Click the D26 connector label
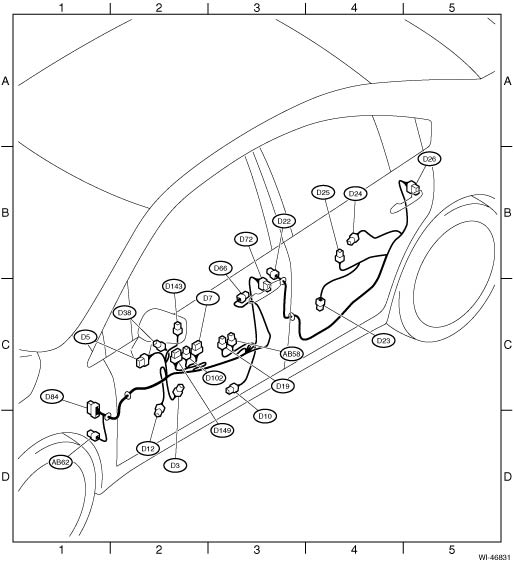tap(429, 159)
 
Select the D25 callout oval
tap(323, 192)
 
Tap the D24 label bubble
tap(355, 194)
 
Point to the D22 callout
tap(284, 221)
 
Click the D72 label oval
tap(246, 239)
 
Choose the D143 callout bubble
tap(174, 286)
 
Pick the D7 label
tap(208, 298)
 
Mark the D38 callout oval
tap(125, 313)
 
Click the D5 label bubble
tap(85, 337)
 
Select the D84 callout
tap(52, 397)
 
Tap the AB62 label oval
tap(60, 462)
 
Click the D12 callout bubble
tap(148, 448)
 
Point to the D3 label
tap(175, 466)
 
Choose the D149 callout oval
tap(222, 430)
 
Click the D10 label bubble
tap(265, 416)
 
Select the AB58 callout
tap(291, 354)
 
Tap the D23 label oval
tap(383, 340)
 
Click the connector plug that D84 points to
tap(93, 409)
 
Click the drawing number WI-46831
tap(494, 557)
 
